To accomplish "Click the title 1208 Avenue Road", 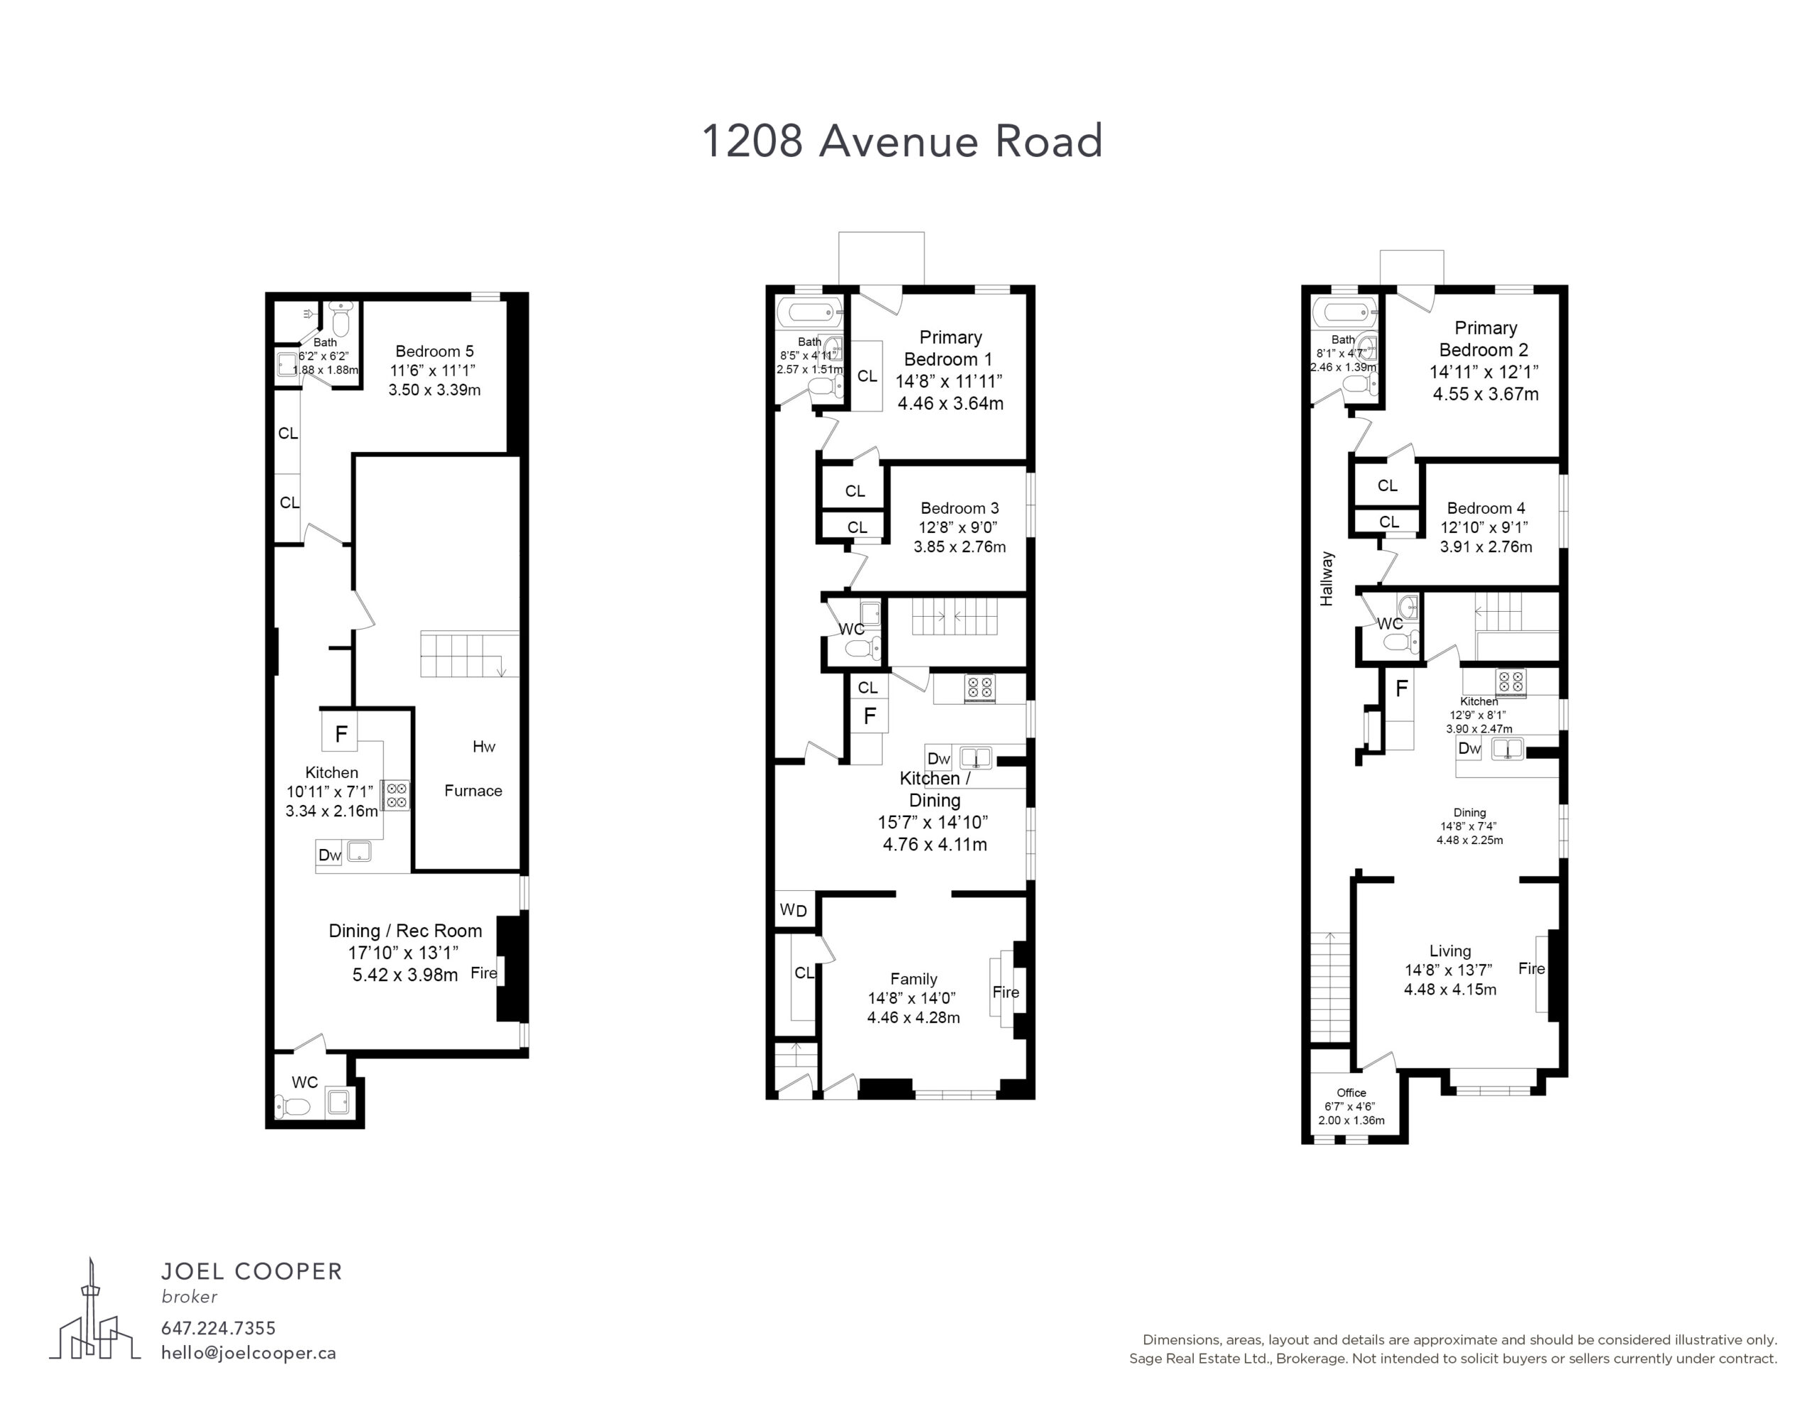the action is click(x=902, y=141).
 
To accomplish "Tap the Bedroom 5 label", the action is click(x=434, y=351).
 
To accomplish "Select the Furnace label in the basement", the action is click(x=473, y=791).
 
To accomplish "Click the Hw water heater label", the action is click(x=483, y=747).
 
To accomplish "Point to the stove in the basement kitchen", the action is click(x=396, y=795).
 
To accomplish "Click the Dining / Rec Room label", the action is click(x=405, y=931).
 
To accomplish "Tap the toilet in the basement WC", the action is click(x=292, y=1106).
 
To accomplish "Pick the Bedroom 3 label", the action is click(x=960, y=508).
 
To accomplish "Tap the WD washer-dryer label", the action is click(x=794, y=910).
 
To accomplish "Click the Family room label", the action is click(x=913, y=979).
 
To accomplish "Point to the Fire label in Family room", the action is click(x=1005, y=992).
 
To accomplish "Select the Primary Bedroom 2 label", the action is click(x=1485, y=339).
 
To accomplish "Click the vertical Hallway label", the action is click(x=1326, y=578).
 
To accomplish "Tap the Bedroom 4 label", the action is click(x=1486, y=508).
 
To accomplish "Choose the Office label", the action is click(x=1351, y=1092).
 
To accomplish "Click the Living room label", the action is click(x=1450, y=950).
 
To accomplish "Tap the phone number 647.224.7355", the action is click(x=218, y=1328).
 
